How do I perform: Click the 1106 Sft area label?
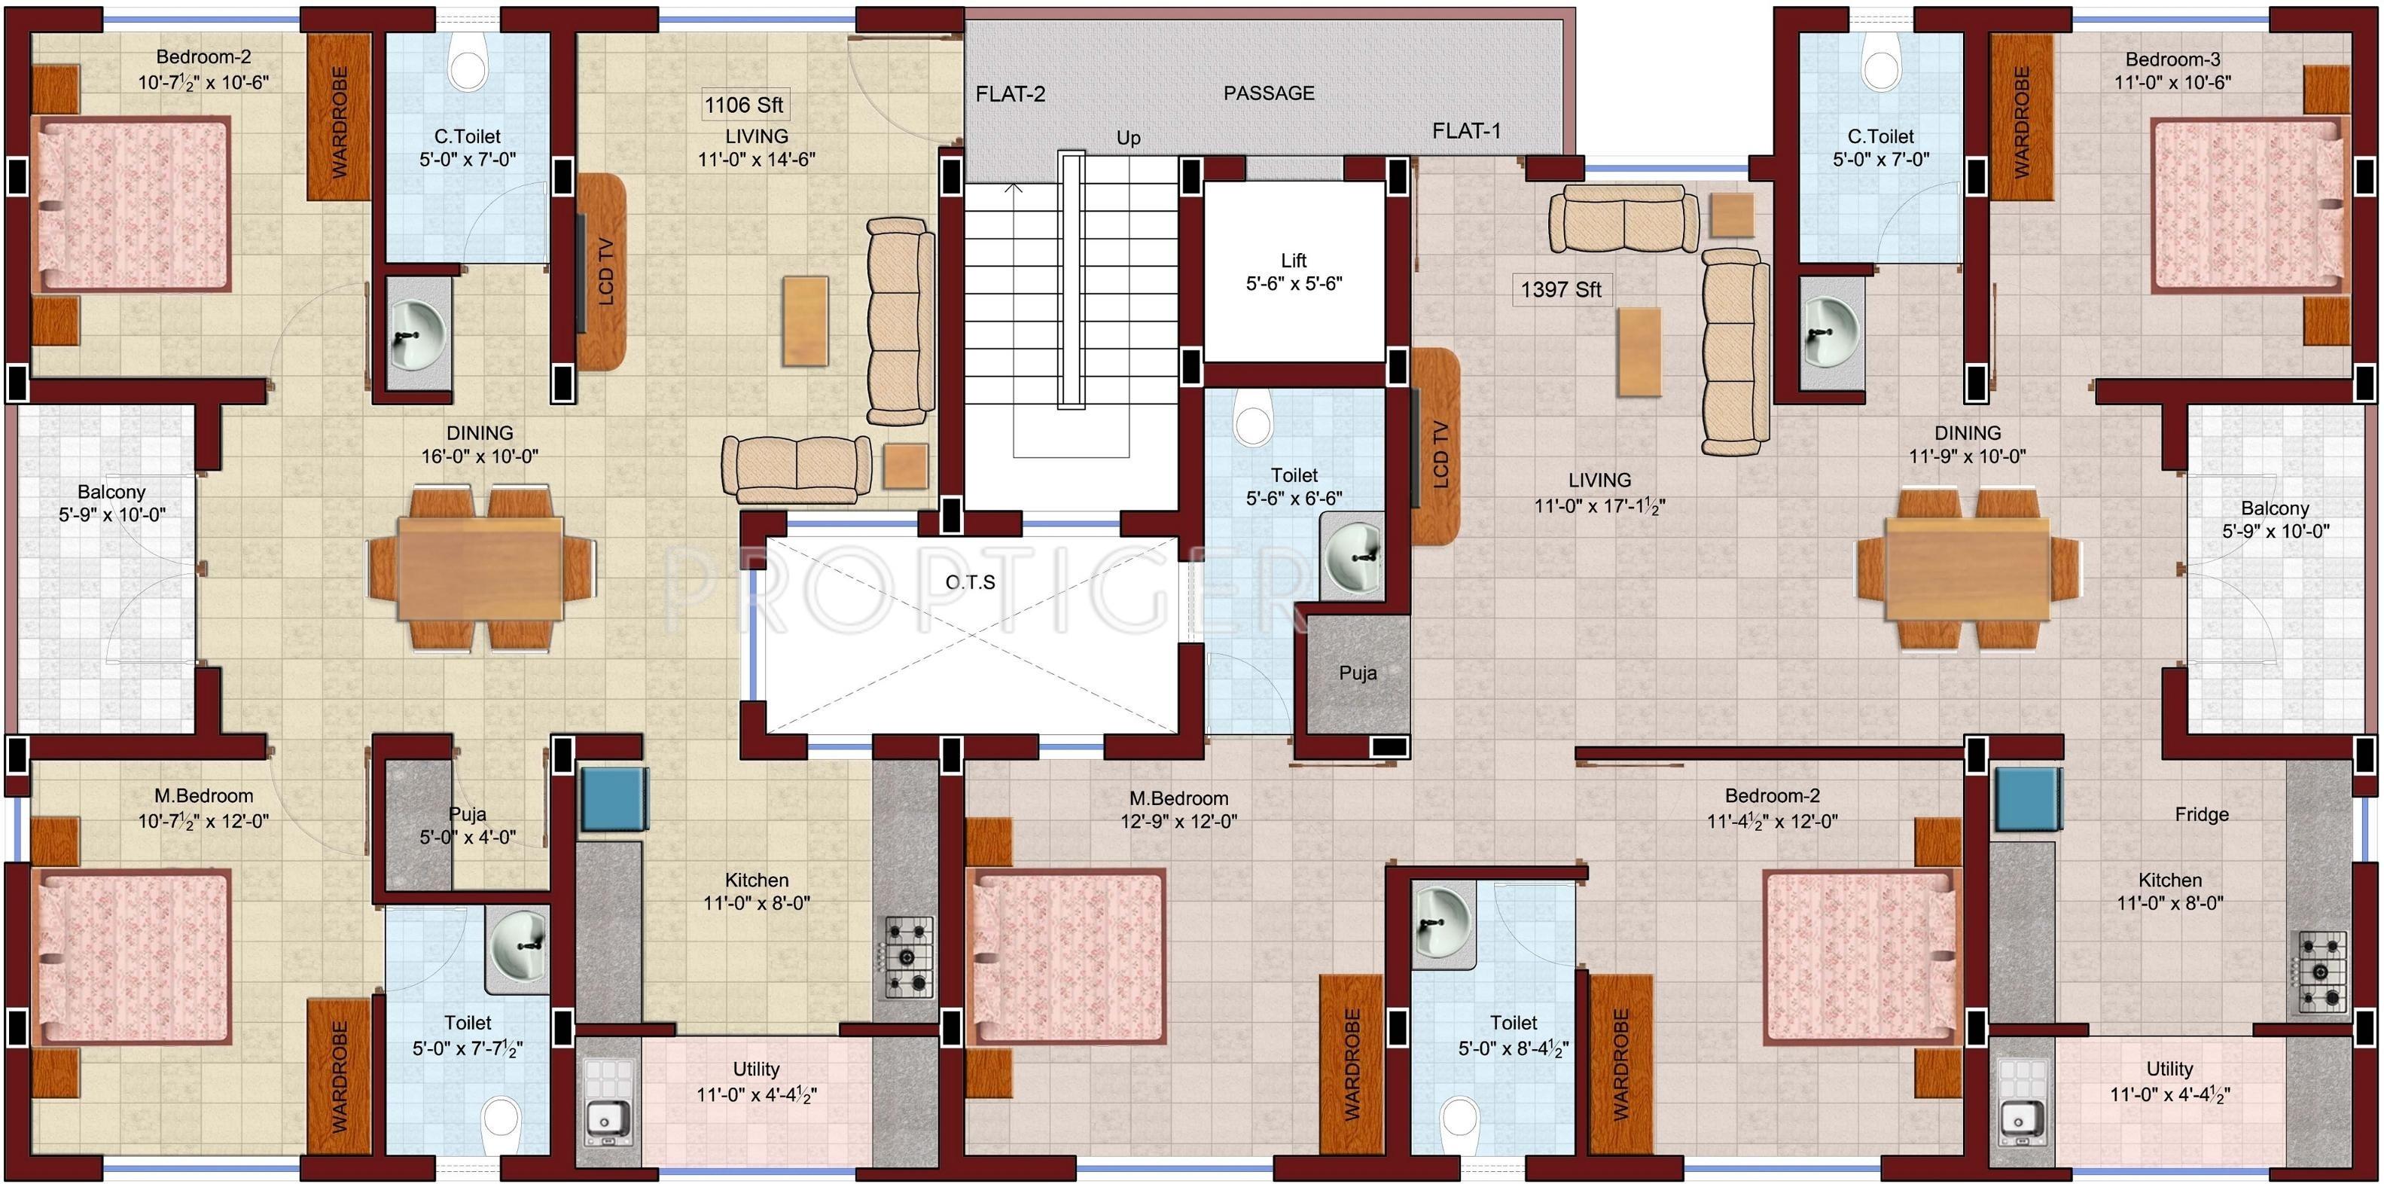[x=743, y=105]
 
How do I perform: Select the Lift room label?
[x=1294, y=260]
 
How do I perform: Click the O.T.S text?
[x=970, y=582]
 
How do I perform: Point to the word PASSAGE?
[x=1268, y=93]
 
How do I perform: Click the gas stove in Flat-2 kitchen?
[x=909, y=957]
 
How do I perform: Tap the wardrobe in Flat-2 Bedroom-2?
[x=339, y=121]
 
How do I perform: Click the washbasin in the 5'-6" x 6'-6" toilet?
[x=1353, y=554]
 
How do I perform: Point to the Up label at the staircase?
[x=1127, y=138]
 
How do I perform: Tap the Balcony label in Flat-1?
[x=2274, y=508]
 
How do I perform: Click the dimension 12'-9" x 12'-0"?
[x=1178, y=821]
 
